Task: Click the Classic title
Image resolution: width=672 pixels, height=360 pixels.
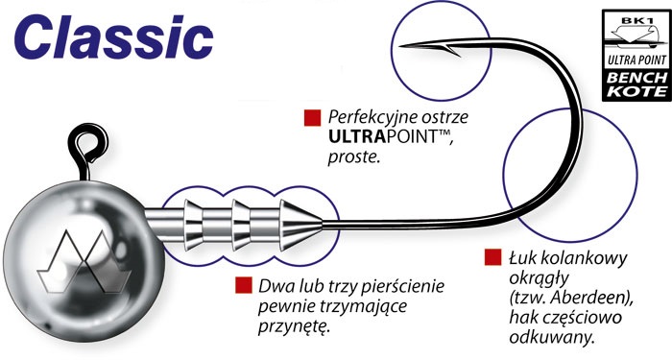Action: (113, 39)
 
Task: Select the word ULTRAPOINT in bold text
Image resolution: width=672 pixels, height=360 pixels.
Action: (383, 142)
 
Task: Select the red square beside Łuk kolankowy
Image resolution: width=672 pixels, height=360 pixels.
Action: (492, 258)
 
